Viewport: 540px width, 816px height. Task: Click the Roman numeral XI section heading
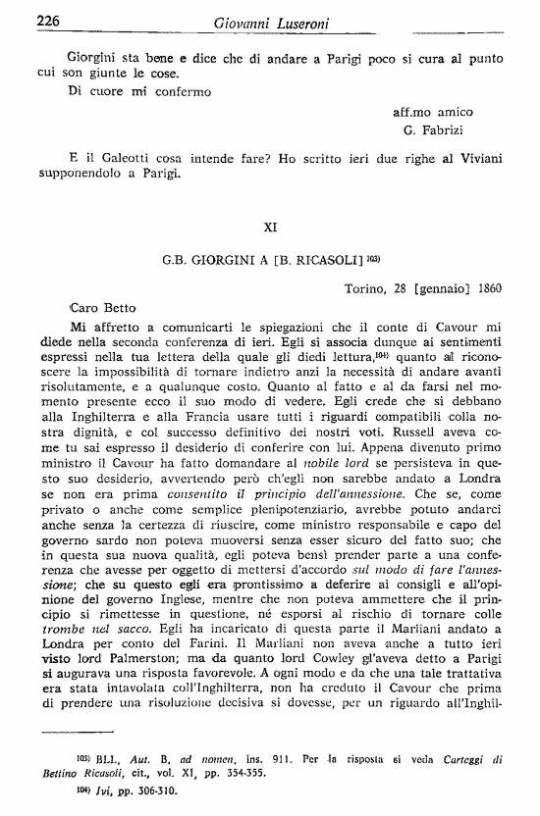(272, 227)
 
